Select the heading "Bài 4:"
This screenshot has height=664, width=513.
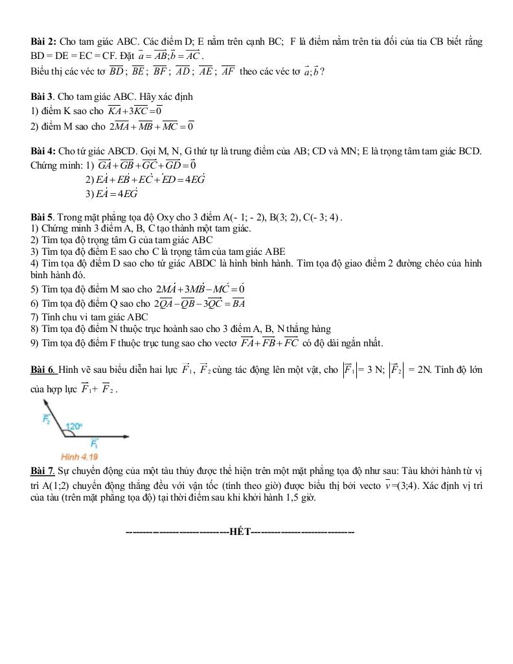[x=43, y=151]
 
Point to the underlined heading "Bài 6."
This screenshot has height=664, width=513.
[x=44, y=370]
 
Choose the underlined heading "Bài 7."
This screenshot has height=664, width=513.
[x=43, y=469]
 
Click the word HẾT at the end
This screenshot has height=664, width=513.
[x=240, y=532]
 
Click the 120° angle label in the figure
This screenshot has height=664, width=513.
[x=75, y=426]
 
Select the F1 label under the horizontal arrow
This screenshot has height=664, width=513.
[x=93, y=445]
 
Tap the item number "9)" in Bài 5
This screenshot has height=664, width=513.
[x=35, y=343]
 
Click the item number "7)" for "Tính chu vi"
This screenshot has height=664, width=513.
[x=35, y=318]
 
